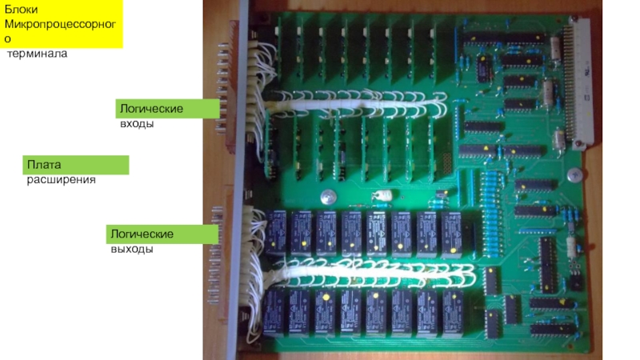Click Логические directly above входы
151,107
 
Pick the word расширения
61,180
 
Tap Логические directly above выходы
142,233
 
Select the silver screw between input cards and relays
327,197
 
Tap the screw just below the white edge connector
573,174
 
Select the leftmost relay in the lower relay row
277,312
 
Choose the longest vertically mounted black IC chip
546,264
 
